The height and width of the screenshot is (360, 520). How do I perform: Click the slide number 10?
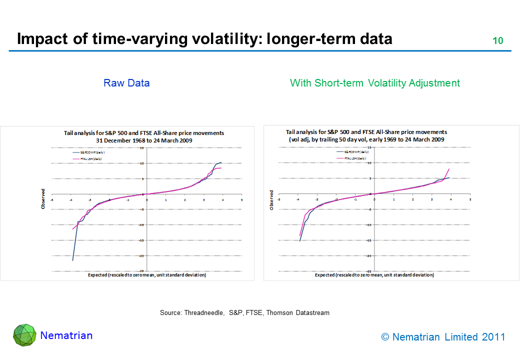click(497, 41)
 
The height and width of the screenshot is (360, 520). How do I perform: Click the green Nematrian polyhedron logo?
click(24, 335)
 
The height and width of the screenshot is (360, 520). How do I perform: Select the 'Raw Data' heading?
click(126, 83)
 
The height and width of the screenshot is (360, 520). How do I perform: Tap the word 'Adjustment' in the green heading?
click(435, 83)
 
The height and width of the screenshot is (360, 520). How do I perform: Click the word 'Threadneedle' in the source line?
click(204, 312)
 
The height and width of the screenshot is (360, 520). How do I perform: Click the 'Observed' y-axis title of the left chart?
click(43, 198)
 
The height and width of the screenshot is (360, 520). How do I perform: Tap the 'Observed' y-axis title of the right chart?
click(271, 199)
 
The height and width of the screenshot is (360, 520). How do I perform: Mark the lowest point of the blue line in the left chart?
click(72, 260)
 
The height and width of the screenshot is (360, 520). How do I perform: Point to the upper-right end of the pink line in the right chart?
click(449, 169)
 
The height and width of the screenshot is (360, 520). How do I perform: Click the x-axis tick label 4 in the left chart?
click(222, 199)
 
